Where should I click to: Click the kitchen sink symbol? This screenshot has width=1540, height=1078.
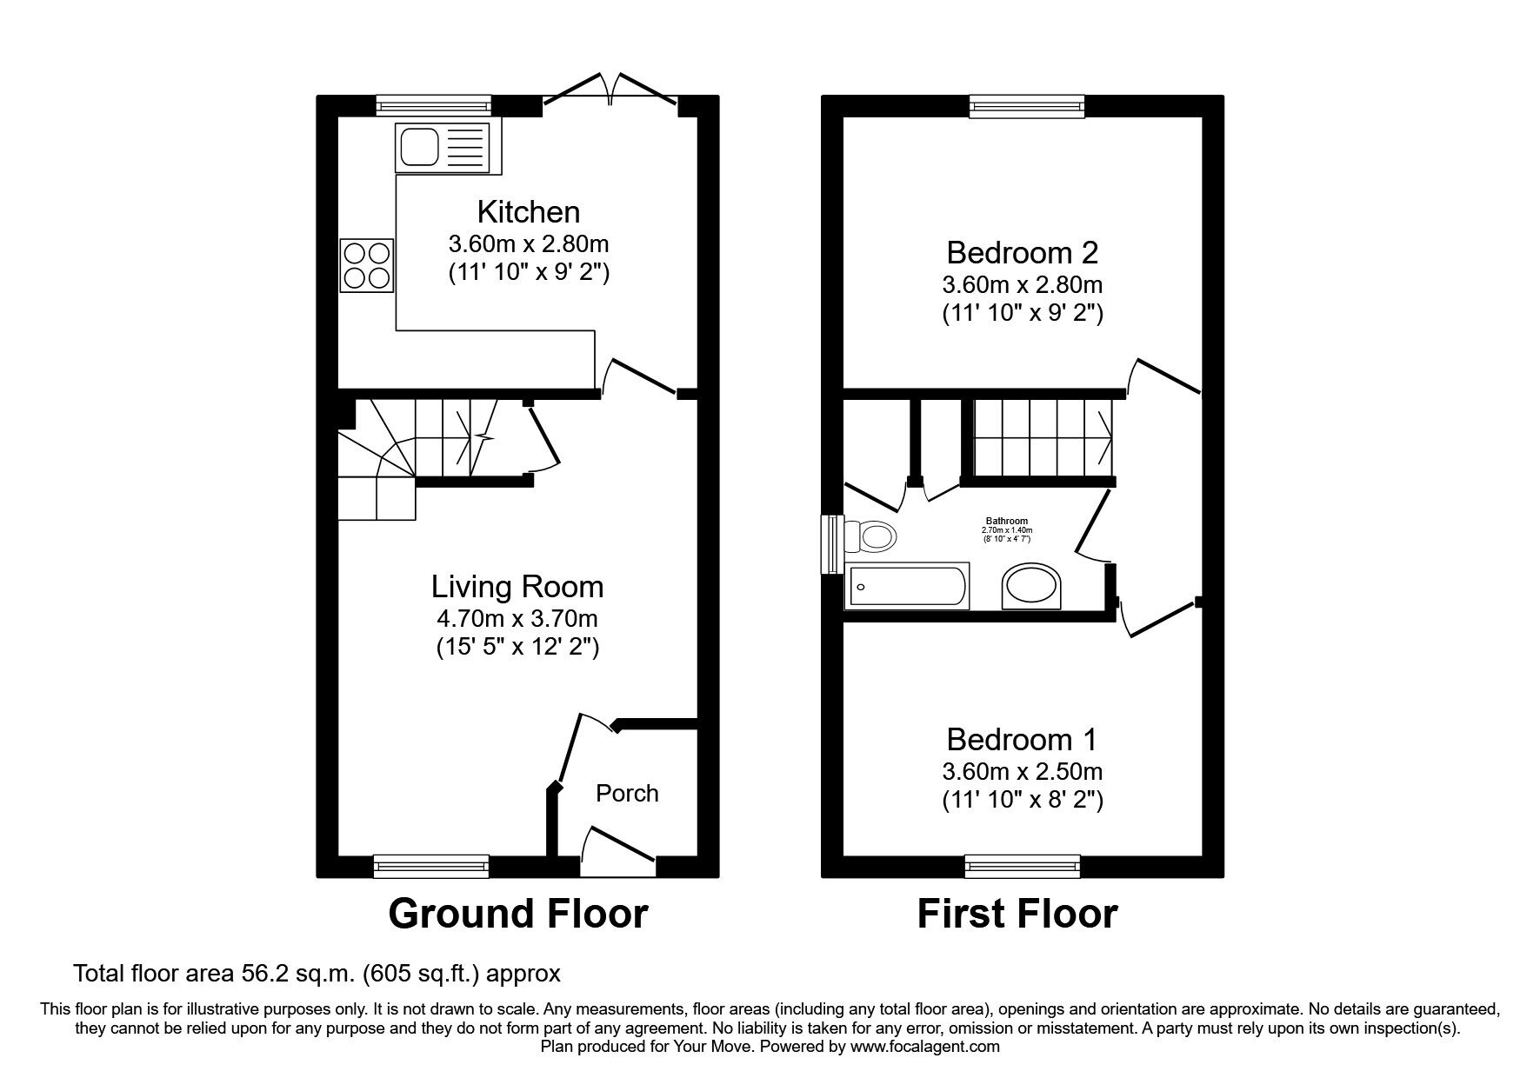click(442, 147)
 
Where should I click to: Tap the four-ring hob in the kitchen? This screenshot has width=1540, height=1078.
click(366, 265)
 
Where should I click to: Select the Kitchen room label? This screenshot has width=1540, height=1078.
click(528, 211)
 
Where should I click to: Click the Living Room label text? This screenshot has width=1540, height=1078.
click(517, 587)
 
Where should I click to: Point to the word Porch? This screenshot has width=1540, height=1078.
click(627, 793)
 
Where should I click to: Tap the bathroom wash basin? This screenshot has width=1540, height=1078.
click(1032, 589)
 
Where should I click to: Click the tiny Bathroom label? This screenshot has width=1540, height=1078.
click(1006, 522)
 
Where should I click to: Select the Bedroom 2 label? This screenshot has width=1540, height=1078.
click(1022, 253)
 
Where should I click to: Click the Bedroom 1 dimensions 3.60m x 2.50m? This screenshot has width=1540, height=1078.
click(1022, 771)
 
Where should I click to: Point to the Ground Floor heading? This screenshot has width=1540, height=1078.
click(517, 914)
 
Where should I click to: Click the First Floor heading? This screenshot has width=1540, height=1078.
click(1017, 914)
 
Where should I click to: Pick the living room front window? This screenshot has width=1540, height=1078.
click(431, 866)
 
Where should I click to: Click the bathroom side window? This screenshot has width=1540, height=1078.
click(833, 544)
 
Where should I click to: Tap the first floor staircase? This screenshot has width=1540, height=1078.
click(1042, 437)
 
